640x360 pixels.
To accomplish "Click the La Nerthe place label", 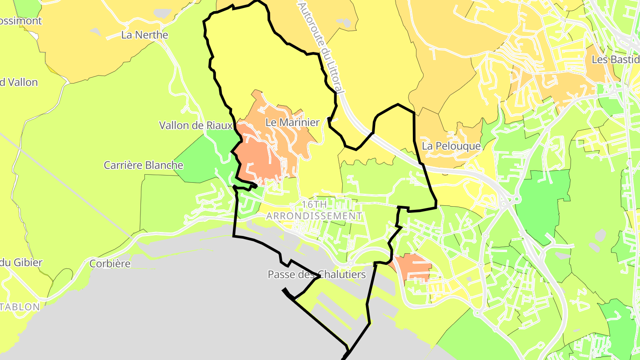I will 144,35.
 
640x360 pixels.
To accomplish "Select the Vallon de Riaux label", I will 196,125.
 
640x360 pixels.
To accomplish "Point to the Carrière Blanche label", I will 143,165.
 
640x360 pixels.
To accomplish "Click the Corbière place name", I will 110,264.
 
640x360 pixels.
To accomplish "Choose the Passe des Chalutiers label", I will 316,274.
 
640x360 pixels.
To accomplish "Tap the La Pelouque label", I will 451,146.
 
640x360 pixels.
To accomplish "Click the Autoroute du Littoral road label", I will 321,47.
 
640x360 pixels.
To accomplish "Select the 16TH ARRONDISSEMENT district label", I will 314,210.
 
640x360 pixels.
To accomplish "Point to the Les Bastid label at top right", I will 615,60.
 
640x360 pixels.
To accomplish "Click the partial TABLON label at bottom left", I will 20,307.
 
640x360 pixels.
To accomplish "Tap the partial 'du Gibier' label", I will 21,262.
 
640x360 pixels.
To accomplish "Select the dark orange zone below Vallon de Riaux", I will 258,158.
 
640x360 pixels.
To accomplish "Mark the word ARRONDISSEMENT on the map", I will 314,216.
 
